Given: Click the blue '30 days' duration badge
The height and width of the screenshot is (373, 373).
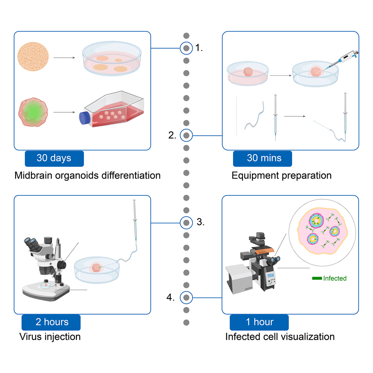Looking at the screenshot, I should (x=54, y=158).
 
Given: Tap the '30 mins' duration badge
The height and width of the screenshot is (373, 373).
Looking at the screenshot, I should (x=262, y=158).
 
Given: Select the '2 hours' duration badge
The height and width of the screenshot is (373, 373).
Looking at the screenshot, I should (x=51, y=322).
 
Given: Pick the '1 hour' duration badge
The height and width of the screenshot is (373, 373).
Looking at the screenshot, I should (x=259, y=322).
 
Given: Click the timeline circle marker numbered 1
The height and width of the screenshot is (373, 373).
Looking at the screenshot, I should (x=186, y=48).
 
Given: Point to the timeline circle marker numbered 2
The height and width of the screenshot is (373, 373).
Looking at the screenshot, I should (x=186, y=135).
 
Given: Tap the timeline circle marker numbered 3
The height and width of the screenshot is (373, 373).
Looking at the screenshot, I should (x=186, y=222).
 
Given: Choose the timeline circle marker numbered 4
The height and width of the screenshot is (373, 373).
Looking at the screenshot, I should (x=186, y=298).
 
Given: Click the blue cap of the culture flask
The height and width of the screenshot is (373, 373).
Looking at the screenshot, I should (x=83, y=118).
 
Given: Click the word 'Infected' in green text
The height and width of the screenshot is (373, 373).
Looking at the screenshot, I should (x=335, y=278).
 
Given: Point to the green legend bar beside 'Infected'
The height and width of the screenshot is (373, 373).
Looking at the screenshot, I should (x=317, y=278).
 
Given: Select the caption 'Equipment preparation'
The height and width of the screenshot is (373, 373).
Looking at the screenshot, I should (x=282, y=175).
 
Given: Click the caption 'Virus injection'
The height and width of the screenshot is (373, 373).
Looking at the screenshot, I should (x=50, y=336).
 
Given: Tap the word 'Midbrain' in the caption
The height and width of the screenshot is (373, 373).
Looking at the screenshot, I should (x=31, y=175).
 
